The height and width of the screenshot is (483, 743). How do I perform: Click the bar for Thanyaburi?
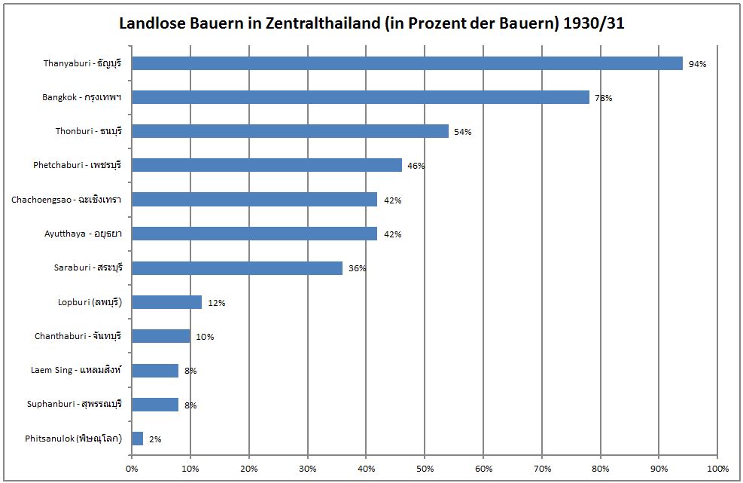[x=407, y=63]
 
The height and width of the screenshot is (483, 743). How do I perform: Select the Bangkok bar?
[x=360, y=97]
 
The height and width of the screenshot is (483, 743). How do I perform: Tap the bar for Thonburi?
[x=290, y=131]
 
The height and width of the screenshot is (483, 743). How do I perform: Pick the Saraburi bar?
[x=237, y=268]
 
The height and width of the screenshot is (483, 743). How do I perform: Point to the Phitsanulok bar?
[x=137, y=439]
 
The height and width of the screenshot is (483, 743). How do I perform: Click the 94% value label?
[x=697, y=64]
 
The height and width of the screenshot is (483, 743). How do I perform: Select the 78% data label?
[x=603, y=98]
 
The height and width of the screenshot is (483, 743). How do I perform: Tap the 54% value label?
[x=462, y=132]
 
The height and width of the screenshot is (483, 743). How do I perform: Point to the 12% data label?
[x=217, y=303]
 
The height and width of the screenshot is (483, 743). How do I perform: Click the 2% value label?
[x=155, y=439]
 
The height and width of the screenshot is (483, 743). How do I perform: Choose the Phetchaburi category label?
[x=78, y=165]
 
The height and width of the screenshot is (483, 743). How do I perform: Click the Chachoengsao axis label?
[x=67, y=200]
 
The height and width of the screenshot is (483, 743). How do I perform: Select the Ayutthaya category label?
[x=83, y=234]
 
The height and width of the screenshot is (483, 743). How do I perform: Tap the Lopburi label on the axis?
[x=90, y=302]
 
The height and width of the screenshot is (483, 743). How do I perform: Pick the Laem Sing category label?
[x=76, y=370]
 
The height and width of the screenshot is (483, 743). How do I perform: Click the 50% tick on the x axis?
[x=425, y=468]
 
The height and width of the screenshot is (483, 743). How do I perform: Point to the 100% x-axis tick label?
[x=717, y=468]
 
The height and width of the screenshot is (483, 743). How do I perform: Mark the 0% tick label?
[x=132, y=468]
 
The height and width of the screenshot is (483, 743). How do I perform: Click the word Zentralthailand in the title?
[x=317, y=23]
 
